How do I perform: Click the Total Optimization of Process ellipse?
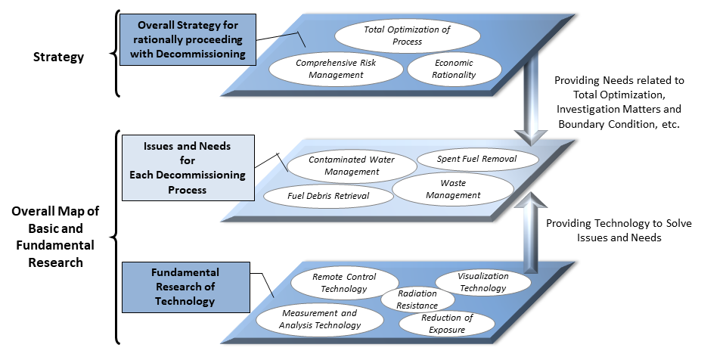point(407,36)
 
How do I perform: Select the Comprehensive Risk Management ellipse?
point(335,69)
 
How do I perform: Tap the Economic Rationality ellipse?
point(454,69)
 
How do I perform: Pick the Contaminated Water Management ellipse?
point(352,166)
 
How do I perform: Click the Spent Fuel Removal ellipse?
point(477,160)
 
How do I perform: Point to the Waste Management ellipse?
point(453,189)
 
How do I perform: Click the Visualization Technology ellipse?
point(482,282)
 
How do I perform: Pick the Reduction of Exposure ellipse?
point(447,323)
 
